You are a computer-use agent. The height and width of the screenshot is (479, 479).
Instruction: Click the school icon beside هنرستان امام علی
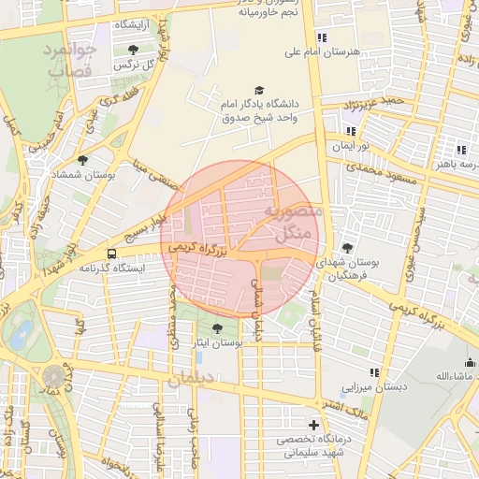(x=323, y=37)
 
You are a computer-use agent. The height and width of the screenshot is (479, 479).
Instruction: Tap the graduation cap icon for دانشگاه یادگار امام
(x=259, y=89)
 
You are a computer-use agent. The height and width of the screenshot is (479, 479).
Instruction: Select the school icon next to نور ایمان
(x=352, y=132)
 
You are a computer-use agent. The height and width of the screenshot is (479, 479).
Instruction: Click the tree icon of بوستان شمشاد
(x=83, y=160)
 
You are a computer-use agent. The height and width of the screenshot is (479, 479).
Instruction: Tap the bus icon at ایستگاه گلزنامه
(x=112, y=253)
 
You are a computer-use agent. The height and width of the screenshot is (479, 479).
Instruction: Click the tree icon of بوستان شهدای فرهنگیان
(x=348, y=248)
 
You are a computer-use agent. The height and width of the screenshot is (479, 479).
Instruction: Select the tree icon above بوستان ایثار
(x=218, y=328)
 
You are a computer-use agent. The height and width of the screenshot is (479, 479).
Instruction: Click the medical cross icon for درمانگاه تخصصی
(x=313, y=425)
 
